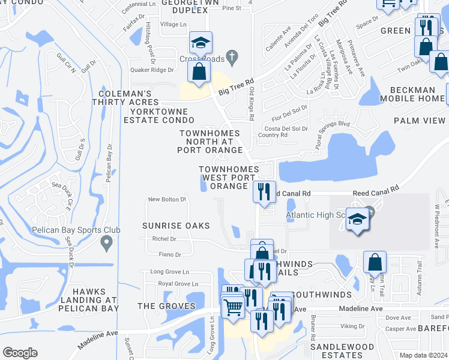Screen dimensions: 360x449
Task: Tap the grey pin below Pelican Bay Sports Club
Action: click(x=107, y=243)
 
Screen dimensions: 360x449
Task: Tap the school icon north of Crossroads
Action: click(x=200, y=43)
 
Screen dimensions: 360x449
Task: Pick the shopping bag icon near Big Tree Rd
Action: click(x=199, y=71)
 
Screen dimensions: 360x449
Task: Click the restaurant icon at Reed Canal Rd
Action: click(x=264, y=192)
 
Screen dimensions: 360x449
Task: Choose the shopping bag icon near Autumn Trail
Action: click(x=375, y=262)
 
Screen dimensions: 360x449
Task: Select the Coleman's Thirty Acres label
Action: click(x=129, y=98)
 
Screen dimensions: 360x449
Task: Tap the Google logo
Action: click(x=20, y=353)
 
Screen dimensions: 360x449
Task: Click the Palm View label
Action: click(x=420, y=121)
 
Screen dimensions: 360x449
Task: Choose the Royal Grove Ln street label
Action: click(x=178, y=284)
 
